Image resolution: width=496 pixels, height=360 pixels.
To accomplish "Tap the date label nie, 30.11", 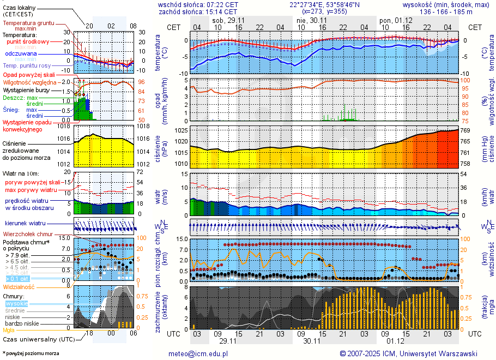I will coord(308,20).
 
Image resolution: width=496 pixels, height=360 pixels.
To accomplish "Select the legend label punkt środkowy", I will coord(28,41).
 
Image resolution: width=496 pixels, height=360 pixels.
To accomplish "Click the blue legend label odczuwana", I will coord(21,54).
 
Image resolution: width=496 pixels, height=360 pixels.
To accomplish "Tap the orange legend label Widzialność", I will coord(19,286).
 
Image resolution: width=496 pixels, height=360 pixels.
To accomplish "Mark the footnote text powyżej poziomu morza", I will coord(32,353).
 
